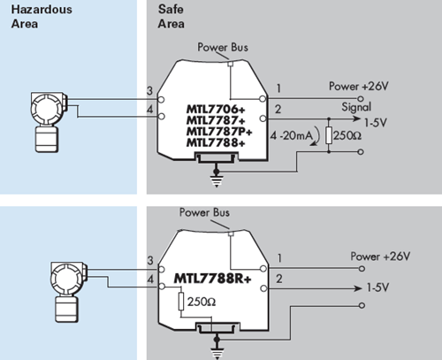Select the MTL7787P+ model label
pos(217,130)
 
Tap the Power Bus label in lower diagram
pos(205,212)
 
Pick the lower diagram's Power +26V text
pos(381,256)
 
